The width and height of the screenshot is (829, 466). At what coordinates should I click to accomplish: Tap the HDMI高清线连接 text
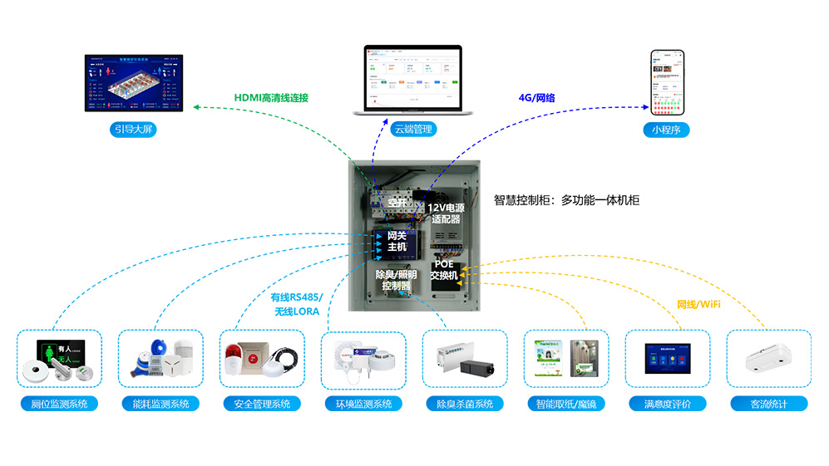pyautogui.click(x=271, y=98)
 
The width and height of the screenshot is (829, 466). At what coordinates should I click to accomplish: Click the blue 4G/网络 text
pyautogui.click(x=536, y=98)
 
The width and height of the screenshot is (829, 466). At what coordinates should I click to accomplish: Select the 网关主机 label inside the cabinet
pyautogui.click(x=397, y=241)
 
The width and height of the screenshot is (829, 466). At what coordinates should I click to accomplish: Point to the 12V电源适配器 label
pyautogui.click(x=446, y=213)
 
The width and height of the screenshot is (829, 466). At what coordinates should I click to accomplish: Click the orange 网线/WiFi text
pyautogui.click(x=698, y=305)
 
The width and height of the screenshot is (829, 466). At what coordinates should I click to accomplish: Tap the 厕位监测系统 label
pyautogui.click(x=59, y=405)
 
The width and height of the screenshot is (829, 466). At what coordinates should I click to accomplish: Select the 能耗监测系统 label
pyautogui.click(x=160, y=405)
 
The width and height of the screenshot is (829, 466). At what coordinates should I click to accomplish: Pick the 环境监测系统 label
pyautogui.click(x=363, y=405)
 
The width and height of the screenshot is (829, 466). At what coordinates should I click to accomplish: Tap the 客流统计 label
pyautogui.click(x=769, y=405)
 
